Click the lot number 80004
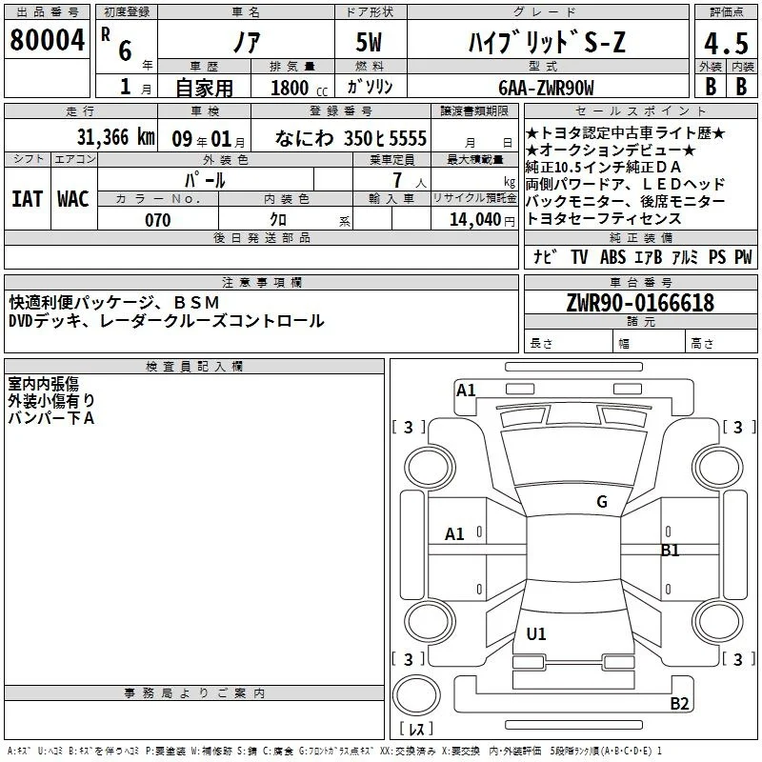coord(47,40)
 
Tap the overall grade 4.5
coord(726,43)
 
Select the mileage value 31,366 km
coord(115,137)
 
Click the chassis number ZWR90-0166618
coord(640,303)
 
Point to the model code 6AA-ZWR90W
coord(546,88)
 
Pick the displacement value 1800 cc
coord(299,88)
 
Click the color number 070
coord(158,220)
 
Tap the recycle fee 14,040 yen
coord(482,220)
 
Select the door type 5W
coord(369,42)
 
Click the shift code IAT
coord(27,199)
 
